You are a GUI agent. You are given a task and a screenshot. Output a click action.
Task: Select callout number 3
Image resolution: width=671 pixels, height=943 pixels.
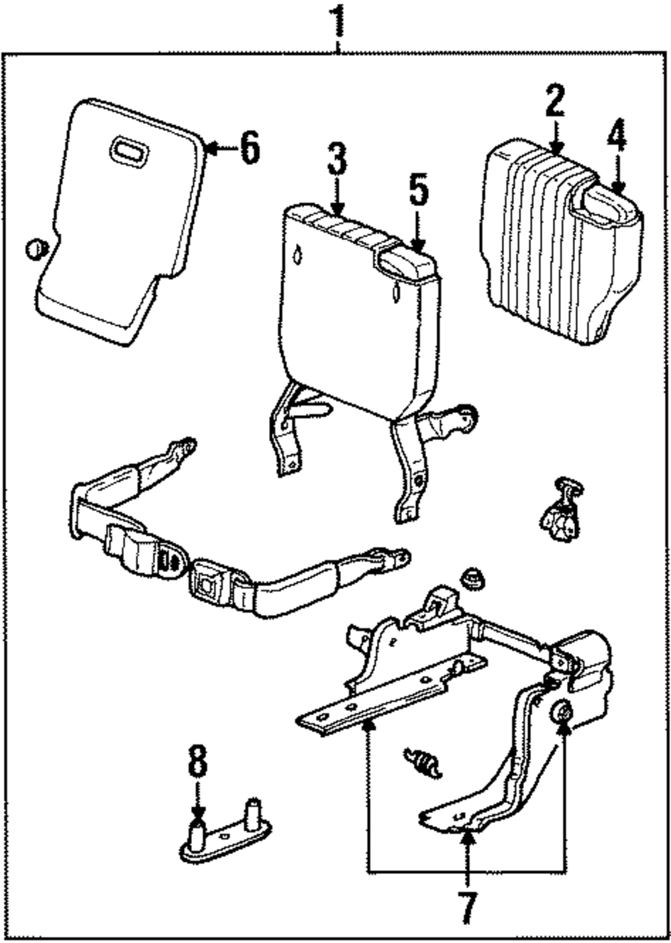click(x=337, y=158)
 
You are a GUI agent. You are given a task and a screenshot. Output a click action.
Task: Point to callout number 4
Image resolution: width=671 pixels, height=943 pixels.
click(x=617, y=137)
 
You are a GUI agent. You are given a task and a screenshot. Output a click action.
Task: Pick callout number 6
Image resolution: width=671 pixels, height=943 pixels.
click(x=250, y=148)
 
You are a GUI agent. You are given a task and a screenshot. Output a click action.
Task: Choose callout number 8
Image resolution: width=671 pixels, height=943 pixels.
click(x=198, y=761)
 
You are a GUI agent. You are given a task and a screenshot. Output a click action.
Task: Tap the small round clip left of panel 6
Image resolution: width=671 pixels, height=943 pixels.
click(x=36, y=249)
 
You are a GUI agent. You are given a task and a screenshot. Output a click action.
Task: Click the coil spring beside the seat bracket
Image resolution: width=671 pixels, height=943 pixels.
click(x=423, y=762)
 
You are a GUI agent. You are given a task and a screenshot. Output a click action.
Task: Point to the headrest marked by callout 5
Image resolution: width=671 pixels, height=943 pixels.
click(x=406, y=264)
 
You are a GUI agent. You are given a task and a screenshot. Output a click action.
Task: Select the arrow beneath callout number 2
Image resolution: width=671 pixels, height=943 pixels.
click(x=556, y=137)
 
